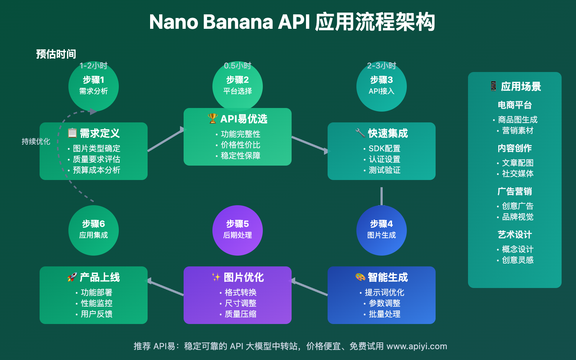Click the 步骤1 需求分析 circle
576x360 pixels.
[x=94, y=86]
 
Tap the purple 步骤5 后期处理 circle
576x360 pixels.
[x=238, y=230]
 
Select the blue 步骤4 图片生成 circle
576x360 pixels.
[x=382, y=230]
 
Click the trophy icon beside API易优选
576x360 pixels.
[x=213, y=118]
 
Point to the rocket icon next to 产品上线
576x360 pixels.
[x=72, y=277]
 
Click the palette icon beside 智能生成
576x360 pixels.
[x=360, y=277]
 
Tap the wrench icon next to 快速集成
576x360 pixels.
[x=360, y=133]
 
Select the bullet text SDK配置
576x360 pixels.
[x=384, y=148]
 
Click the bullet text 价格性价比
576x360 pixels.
[x=240, y=145]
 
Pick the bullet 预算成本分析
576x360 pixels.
[x=96, y=170]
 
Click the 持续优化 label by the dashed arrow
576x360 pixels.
[x=36, y=141]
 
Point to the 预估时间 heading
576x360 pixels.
[x=56, y=54]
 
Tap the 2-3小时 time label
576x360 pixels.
[x=382, y=66]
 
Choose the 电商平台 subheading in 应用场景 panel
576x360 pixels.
[x=515, y=105]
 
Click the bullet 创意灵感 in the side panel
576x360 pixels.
[x=517, y=260]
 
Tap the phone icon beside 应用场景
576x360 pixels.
[x=493, y=86]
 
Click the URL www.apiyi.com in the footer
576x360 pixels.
[x=417, y=346]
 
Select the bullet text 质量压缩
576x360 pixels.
[x=240, y=314]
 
